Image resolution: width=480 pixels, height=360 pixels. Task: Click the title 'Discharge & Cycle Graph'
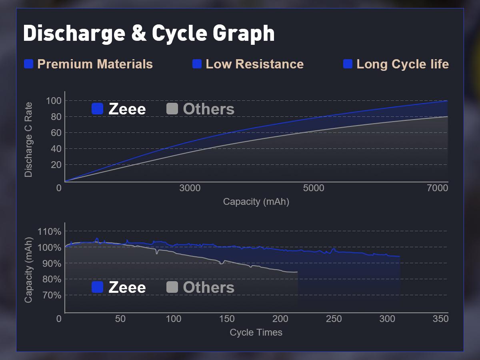tap(149, 34)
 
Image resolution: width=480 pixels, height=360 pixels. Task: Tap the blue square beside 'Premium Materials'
tap(28, 64)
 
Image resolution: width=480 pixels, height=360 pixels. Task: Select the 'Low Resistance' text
tap(254, 64)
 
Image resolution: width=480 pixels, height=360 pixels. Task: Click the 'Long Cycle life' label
tap(402, 64)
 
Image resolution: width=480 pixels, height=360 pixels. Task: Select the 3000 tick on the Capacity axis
tap(190, 188)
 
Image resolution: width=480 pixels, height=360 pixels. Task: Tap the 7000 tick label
tap(437, 188)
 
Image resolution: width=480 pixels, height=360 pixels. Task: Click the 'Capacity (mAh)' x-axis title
tap(256, 202)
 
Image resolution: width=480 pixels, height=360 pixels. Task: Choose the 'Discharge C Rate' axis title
tap(28, 140)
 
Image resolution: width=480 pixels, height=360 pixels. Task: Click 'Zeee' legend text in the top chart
tap(127, 109)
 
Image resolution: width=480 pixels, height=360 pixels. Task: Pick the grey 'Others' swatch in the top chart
tap(172, 109)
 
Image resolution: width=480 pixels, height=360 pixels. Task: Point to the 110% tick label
tap(49, 232)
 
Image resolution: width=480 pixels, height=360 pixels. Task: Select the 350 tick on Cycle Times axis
tap(440, 319)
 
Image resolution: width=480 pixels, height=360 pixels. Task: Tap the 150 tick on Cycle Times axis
tap(227, 319)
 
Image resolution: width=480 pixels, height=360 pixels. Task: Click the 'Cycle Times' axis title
tap(256, 332)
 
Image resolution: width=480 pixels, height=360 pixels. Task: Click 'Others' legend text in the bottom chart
tap(208, 288)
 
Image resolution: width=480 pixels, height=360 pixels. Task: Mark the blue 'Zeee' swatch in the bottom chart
tap(97, 287)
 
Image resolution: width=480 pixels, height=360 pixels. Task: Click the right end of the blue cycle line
tap(400, 256)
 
